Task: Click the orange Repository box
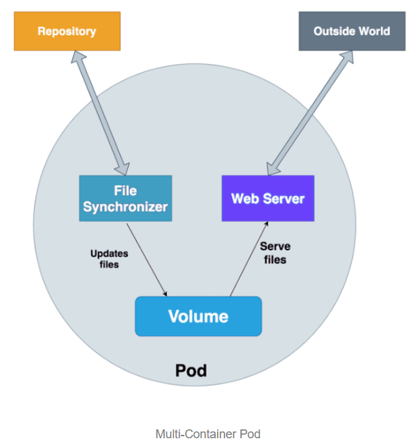[67, 31]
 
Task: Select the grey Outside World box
[351, 31]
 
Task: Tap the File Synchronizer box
[125, 198]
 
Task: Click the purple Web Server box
[268, 199]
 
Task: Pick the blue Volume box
[198, 316]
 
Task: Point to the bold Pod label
[191, 371]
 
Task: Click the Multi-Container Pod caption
[208, 433]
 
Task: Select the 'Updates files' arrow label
[109, 259]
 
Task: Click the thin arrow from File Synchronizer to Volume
[148, 259]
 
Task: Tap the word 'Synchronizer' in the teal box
[125, 206]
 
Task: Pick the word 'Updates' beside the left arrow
[109, 254]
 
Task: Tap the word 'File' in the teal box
[126, 190]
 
